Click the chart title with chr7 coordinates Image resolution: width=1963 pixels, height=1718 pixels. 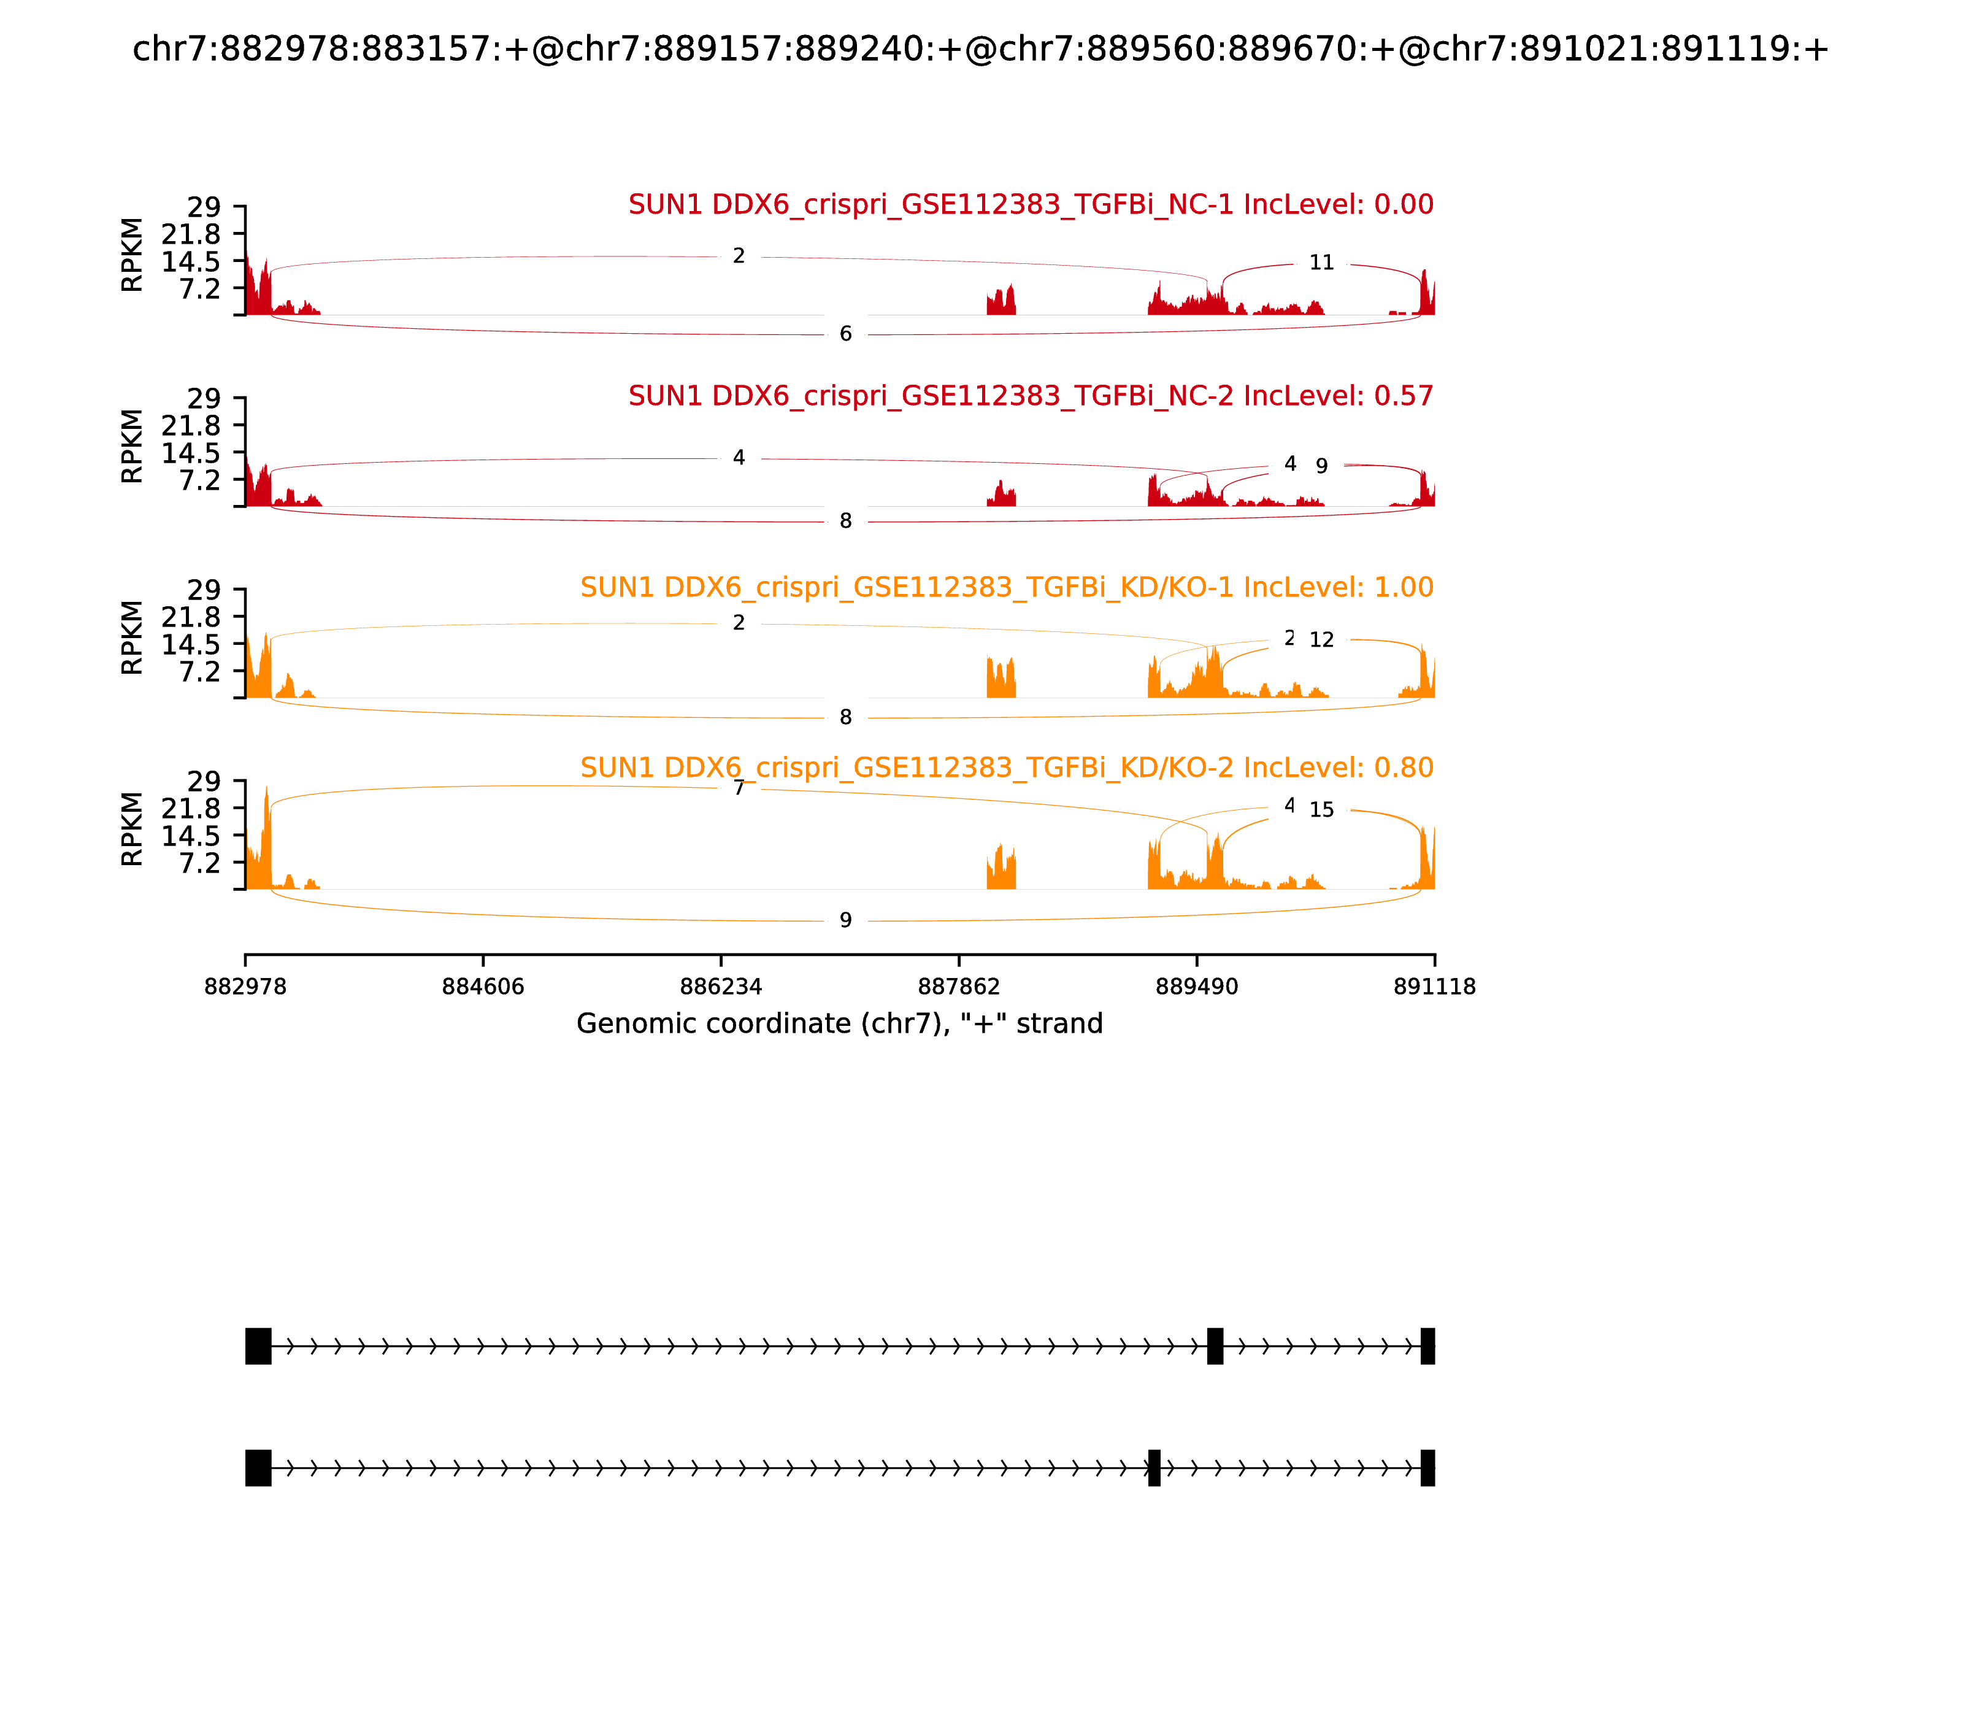point(980,49)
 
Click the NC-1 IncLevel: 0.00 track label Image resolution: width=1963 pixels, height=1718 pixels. point(1031,204)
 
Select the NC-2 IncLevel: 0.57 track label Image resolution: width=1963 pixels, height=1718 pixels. point(1031,396)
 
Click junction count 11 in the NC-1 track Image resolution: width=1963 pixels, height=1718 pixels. point(1321,263)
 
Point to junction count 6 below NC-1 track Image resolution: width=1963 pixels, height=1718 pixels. point(845,334)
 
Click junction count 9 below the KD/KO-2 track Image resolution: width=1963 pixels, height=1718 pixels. point(845,920)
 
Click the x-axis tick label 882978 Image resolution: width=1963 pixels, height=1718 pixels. point(245,987)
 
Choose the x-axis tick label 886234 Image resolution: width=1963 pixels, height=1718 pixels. point(721,987)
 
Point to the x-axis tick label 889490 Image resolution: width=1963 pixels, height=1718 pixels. point(1196,987)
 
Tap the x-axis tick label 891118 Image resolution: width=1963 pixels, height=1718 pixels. point(1434,987)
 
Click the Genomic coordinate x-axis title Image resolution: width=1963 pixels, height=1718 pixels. point(840,1024)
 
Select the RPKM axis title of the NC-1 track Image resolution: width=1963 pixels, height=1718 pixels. point(133,255)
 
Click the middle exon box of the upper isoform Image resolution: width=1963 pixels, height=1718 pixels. point(1215,1346)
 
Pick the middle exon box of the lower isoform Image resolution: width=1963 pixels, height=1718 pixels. point(1154,1468)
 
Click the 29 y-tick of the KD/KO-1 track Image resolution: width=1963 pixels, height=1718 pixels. point(203,590)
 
